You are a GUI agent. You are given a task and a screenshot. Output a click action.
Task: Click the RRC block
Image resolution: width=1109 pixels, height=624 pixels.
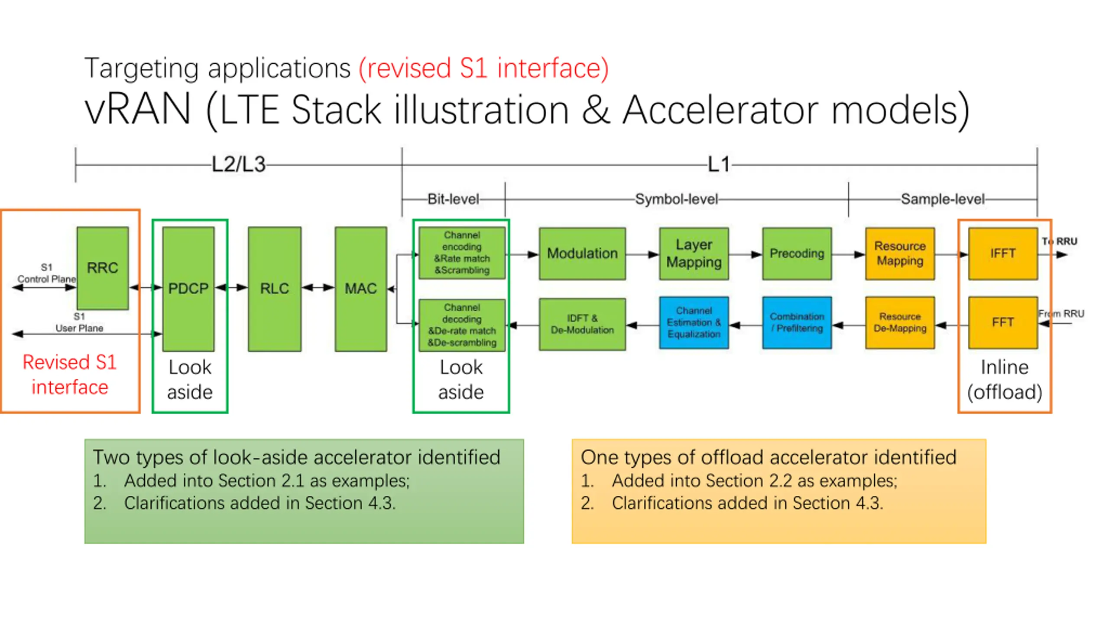103,268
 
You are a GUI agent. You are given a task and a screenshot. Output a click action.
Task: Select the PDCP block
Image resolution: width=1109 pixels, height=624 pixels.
188,289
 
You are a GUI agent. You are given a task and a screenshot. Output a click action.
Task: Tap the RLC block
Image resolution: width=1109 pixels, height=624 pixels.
275,289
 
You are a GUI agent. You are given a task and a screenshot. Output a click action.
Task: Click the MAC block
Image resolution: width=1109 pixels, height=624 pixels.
360,289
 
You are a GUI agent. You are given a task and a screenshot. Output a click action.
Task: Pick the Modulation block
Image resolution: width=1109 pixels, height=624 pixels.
582,253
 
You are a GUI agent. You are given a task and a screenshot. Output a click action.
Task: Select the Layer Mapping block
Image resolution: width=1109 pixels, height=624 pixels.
694,253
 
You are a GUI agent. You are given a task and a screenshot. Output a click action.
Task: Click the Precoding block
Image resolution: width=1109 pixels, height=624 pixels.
797,253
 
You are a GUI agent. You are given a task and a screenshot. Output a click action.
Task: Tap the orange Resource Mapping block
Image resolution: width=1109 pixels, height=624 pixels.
900,253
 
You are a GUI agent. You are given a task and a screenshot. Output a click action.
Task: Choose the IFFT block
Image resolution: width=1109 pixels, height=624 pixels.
1003,253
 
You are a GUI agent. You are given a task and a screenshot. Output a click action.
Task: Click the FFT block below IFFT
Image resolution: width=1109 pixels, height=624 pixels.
1003,322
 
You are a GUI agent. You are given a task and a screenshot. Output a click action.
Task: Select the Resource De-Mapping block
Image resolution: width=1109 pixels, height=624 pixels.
900,323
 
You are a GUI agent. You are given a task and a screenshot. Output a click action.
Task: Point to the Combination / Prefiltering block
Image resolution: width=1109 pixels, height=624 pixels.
797,323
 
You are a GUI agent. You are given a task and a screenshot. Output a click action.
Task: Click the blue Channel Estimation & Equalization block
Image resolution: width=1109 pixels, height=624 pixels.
694,323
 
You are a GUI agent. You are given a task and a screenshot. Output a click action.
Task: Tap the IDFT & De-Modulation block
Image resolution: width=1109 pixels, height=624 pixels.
582,324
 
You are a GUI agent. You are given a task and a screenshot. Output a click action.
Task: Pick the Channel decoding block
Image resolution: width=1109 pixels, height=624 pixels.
462,325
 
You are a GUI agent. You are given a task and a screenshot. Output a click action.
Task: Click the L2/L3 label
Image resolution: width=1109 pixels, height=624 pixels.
239,165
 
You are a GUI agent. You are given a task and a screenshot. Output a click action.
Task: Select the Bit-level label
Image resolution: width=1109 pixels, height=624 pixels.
453,199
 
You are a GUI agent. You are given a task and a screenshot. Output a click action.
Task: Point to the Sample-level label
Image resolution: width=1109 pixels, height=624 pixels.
943,199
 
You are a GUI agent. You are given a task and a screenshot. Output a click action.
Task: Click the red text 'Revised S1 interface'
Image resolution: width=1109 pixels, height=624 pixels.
70,374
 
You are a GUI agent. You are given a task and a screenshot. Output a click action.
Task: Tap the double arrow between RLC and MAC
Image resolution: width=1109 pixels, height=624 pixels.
318,287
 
